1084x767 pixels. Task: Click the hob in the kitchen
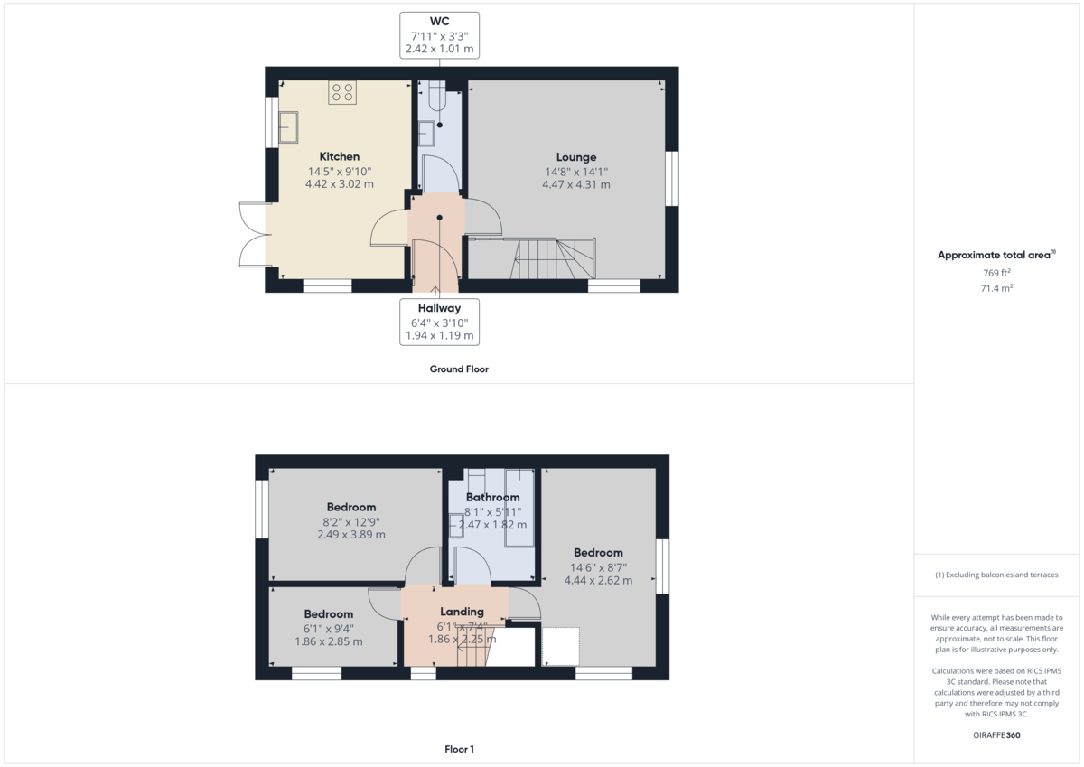tap(342, 92)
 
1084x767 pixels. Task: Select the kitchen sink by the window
tap(289, 127)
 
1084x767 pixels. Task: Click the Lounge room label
tap(575, 157)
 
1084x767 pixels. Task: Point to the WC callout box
tap(439, 35)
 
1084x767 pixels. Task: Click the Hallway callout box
tap(439, 322)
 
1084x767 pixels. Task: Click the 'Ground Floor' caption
tap(459, 369)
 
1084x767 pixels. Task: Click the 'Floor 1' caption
tap(459, 749)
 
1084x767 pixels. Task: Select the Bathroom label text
tap(492, 498)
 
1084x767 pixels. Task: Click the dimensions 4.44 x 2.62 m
tap(598, 581)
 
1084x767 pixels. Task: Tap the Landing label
tap(462, 612)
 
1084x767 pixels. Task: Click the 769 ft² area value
tap(996, 272)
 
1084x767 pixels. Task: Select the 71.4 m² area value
tap(996, 288)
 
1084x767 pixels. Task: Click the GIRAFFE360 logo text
tap(996, 735)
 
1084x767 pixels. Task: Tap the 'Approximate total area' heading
tap(994, 255)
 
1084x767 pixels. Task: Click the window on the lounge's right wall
tap(671, 178)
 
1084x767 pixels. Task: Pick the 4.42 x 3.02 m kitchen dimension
tap(339, 184)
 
